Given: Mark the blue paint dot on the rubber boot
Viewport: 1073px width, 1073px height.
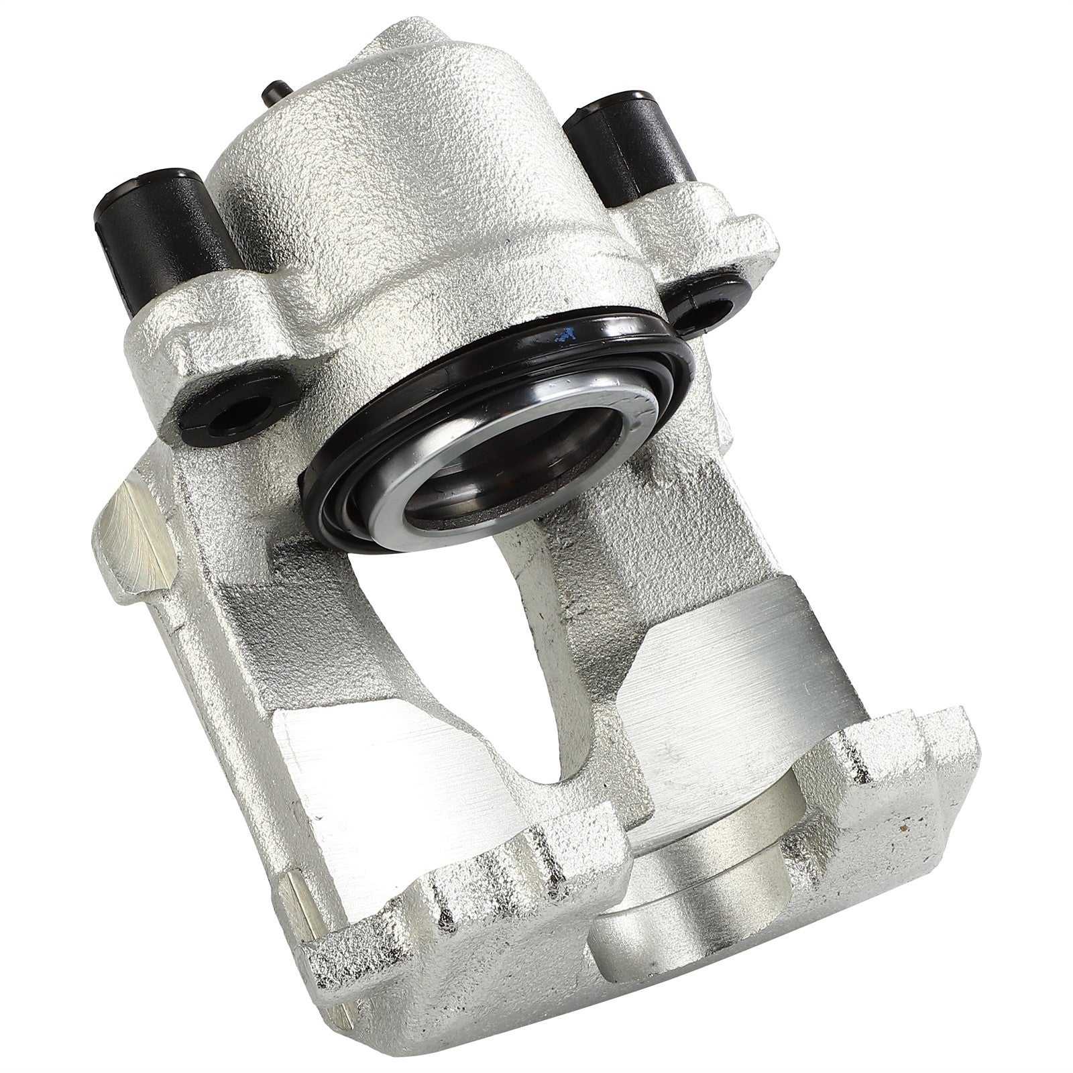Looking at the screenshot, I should click(569, 333).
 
